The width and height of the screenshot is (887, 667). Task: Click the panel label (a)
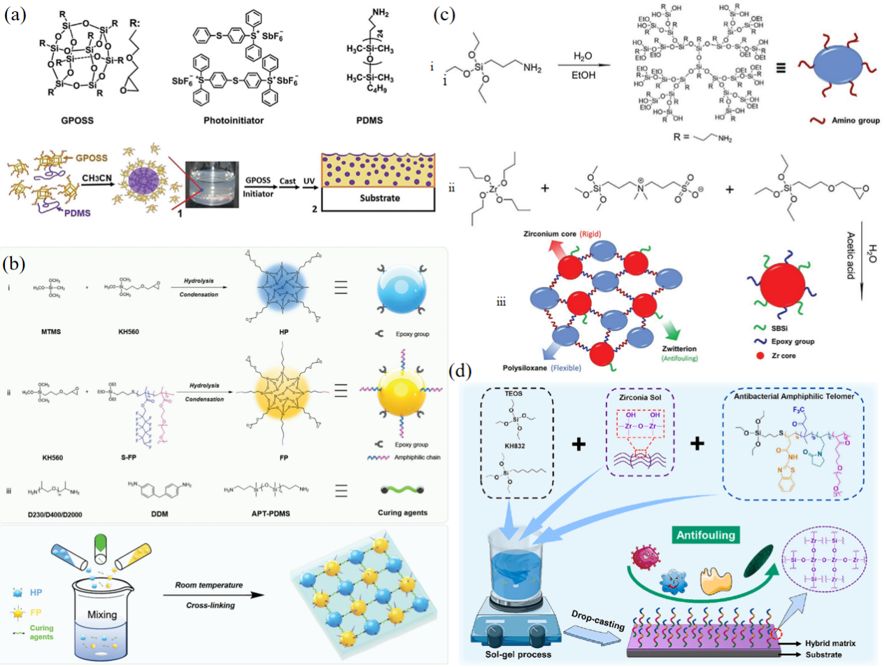(15, 14)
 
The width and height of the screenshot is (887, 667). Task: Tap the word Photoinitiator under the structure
(234, 120)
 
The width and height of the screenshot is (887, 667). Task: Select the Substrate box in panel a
(380, 198)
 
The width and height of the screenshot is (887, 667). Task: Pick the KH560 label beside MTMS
(128, 331)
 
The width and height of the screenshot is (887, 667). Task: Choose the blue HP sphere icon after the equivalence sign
(401, 288)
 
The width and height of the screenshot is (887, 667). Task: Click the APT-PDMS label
(271, 513)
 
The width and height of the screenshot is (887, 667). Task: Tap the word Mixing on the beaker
(102, 615)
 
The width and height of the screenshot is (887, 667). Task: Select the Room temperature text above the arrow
(209, 585)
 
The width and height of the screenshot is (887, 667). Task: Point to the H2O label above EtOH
(583, 56)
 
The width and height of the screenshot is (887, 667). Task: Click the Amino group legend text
(856, 120)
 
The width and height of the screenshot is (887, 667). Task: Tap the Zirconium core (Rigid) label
(562, 234)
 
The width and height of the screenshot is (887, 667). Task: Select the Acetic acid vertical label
(851, 255)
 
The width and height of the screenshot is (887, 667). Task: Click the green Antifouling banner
(706, 535)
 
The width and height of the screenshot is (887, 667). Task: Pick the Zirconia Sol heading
(640, 397)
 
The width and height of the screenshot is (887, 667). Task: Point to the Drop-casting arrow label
(597, 620)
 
